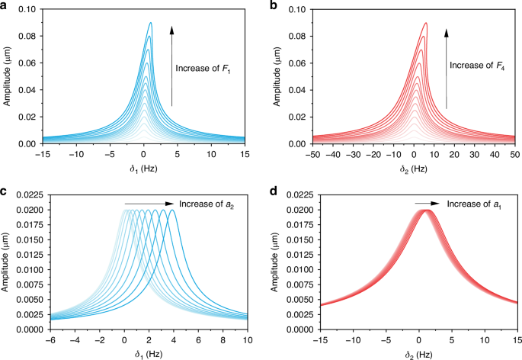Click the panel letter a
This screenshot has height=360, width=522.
point(5,7)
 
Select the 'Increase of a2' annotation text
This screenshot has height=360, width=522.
point(205,204)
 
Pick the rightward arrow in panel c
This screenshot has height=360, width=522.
point(149,204)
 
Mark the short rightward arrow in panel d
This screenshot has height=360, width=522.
point(427,204)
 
